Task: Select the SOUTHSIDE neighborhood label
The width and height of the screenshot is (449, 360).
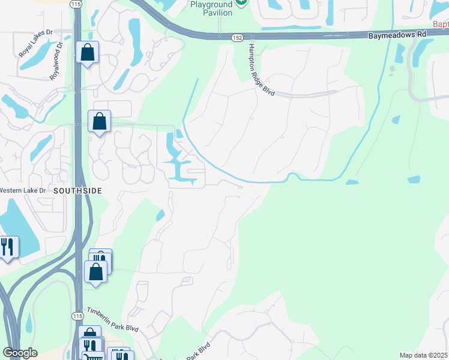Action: [77, 190]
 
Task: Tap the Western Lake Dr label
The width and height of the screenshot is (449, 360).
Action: [23, 190]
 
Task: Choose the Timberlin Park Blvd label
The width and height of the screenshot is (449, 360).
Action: [113, 320]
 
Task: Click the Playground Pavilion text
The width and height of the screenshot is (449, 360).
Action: [211, 8]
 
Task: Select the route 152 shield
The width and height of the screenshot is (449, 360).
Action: [238, 37]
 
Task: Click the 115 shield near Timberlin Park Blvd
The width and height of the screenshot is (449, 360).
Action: [77, 316]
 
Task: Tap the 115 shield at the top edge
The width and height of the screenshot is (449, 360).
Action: [74, 4]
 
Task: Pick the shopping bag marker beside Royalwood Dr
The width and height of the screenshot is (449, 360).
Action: [88, 52]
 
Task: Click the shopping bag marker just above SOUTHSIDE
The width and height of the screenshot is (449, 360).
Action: [100, 121]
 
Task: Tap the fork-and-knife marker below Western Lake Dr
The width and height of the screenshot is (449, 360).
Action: [7, 247]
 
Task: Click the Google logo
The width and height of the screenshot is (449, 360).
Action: [20, 353]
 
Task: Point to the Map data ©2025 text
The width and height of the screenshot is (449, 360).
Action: [423, 355]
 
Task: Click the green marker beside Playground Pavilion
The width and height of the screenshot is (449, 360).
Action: [241, 2]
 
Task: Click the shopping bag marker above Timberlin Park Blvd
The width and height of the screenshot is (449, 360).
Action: [96, 271]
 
